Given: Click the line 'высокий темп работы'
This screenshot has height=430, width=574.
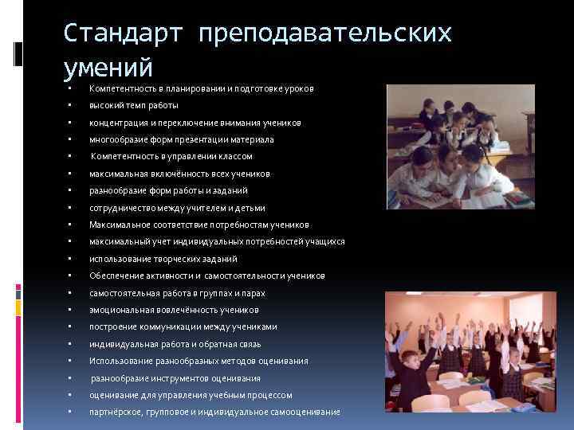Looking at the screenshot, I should coord(134,105).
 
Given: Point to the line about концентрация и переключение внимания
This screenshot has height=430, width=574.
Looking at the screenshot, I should coord(195,123).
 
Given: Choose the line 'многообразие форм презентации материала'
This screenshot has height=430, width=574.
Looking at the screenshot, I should coord(182,139).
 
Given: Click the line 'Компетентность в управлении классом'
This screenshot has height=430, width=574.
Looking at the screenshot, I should coord(171,156).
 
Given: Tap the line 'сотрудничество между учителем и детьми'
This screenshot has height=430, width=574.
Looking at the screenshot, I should coord(177,208).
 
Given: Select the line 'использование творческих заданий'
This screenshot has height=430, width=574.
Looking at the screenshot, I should coord(163,259).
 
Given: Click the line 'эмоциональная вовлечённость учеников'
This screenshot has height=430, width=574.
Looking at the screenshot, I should coord(173,310).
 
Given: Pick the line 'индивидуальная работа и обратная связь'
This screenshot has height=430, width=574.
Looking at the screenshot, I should coord(175,344).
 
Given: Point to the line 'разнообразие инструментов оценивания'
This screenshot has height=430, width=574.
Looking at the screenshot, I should coord(175,378).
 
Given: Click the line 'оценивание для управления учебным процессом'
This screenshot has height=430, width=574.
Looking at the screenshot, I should coord(191,395).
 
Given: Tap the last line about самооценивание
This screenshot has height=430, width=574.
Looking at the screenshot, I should coord(214,412).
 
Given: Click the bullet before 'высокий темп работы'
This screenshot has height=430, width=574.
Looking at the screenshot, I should coord(71,105).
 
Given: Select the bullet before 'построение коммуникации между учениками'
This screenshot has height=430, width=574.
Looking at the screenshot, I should coord(71,327).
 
